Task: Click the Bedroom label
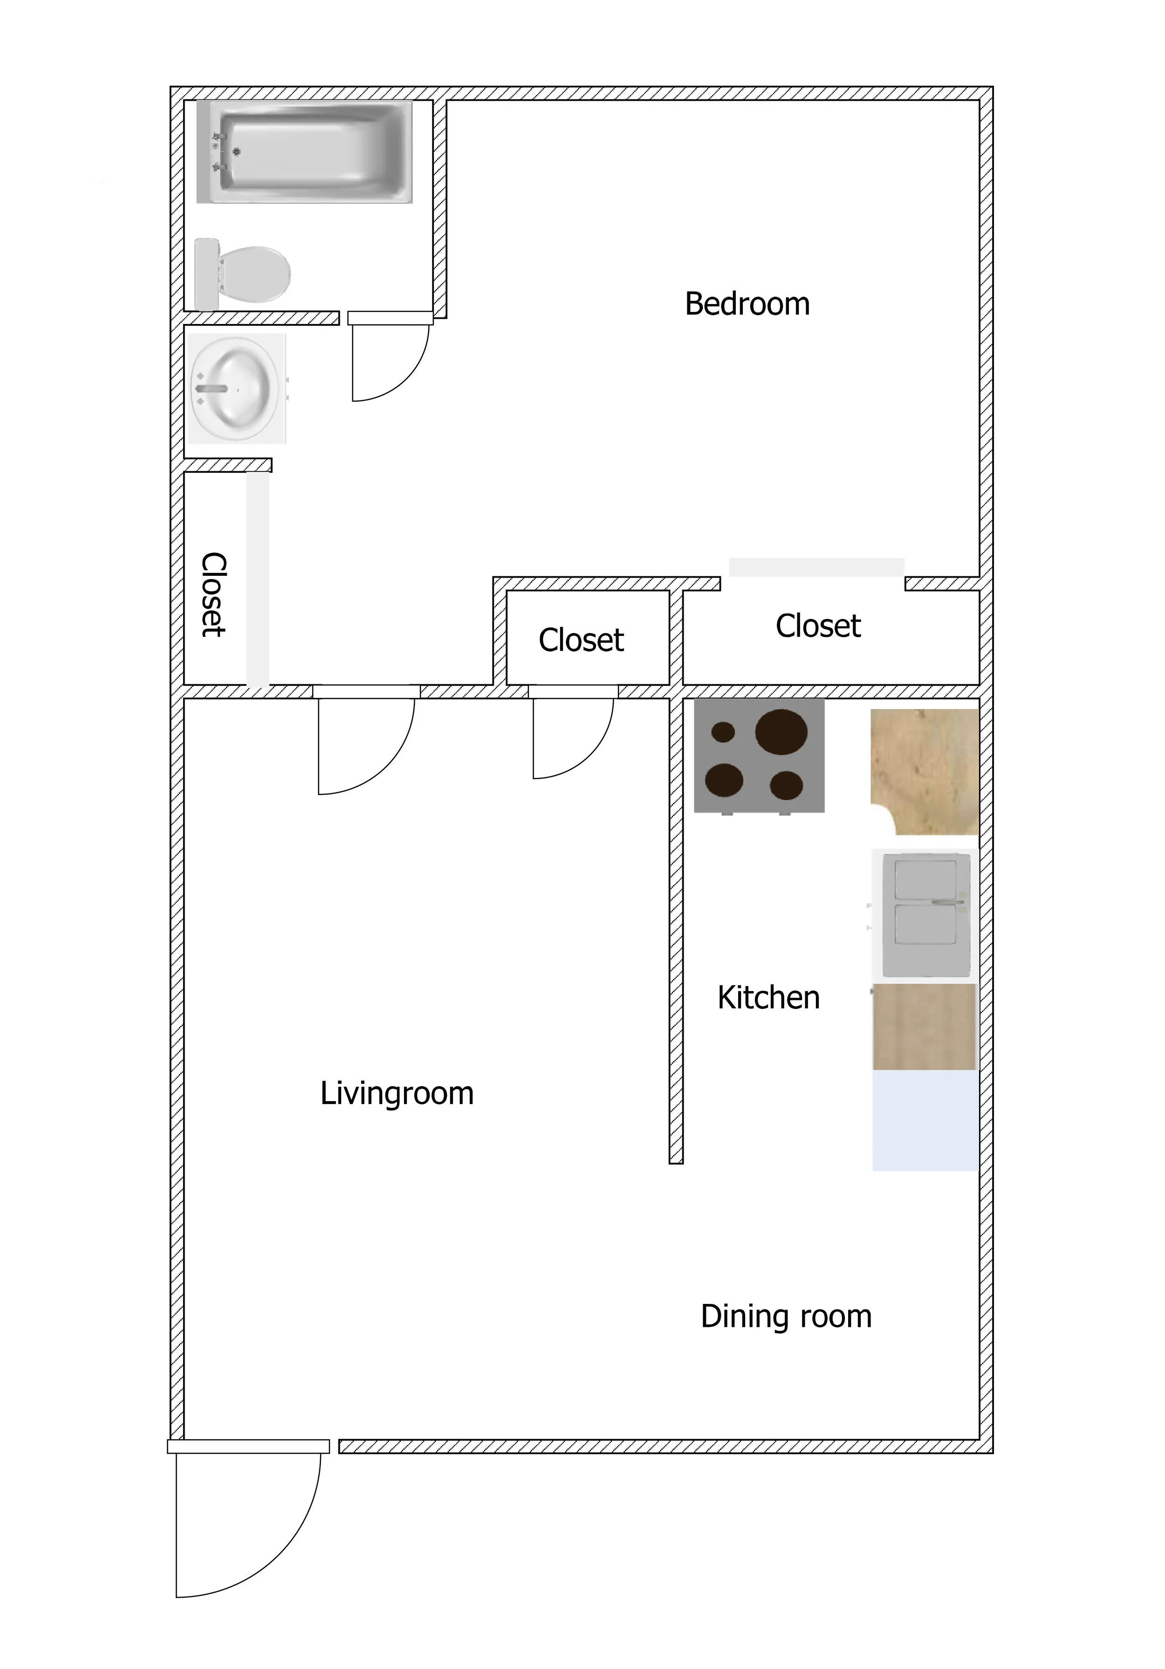[747, 304]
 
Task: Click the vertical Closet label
[213, 594]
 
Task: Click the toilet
[243, 274]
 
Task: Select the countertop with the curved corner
[925, 771]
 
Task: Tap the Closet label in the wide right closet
[818, 626]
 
